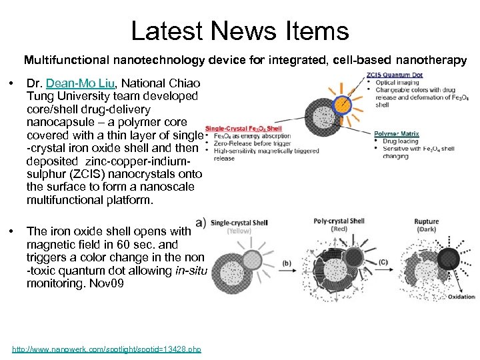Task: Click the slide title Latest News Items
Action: tap(239, 31)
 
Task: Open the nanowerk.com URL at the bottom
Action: tap(107, 349)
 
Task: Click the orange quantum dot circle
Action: tap(342, 103)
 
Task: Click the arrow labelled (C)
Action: tap(383, 263)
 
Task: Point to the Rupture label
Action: tap(427, 221)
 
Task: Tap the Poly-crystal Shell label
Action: tap(339, 221)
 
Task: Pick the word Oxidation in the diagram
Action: tap(461, 297)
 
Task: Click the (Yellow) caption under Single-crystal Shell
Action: tap(238, 231)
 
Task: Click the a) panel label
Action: tap(201, 222)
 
